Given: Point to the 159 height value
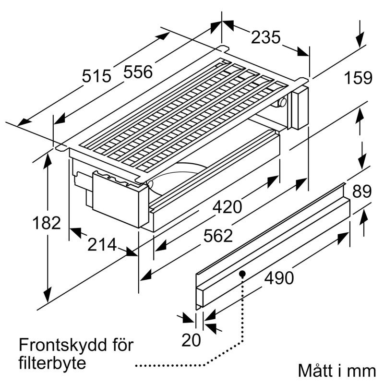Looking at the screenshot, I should click(x=359, y=78).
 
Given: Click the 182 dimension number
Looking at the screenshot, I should click(x=47, y=223).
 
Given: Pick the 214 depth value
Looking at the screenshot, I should click(x=102, y=245).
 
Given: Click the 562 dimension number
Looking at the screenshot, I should click(x=218, y=236).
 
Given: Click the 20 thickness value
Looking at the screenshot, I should click(x=192, y=340).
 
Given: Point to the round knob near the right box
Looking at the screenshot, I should click(x=283, y=102).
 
